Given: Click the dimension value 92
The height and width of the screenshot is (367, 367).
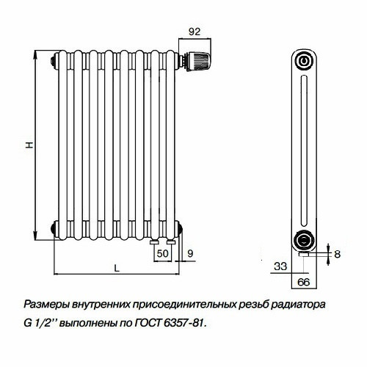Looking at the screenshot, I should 195,31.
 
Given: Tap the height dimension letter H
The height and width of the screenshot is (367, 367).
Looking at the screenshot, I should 29,145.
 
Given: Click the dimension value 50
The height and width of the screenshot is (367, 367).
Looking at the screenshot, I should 162,254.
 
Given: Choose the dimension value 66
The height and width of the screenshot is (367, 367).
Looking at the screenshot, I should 302,281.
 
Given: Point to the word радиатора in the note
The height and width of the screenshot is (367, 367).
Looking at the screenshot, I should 296,305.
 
